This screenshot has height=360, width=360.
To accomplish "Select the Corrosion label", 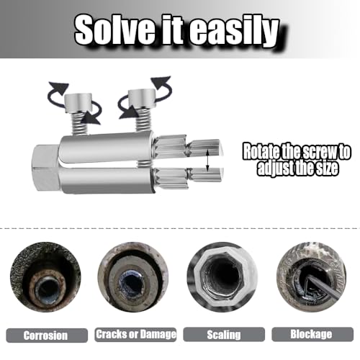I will pyautogui.click(x=46, y=335).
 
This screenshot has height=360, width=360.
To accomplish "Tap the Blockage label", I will pyautogui.click(x=312, y=335).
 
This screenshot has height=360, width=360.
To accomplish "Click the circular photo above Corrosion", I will pyautogui.click(x=45, y=277).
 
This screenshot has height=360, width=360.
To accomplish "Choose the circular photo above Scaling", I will pyautogui.click(x=223, y=278).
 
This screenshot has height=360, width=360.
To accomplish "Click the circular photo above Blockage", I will pyautogui.click(x=312, y=277).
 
